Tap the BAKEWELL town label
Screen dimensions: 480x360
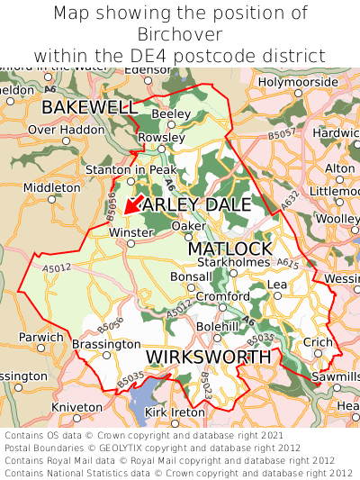[89, 108]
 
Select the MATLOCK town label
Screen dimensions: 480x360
[229, 248]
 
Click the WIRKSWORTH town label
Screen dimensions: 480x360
[208, 358]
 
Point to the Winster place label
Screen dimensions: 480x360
[126, 232]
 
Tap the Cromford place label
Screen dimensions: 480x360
[222, 296]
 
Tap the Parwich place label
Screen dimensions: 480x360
[41, 338]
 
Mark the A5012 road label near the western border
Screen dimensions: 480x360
[57, 268]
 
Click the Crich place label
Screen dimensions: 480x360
[317, 342]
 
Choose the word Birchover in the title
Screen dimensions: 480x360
[180, 34]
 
